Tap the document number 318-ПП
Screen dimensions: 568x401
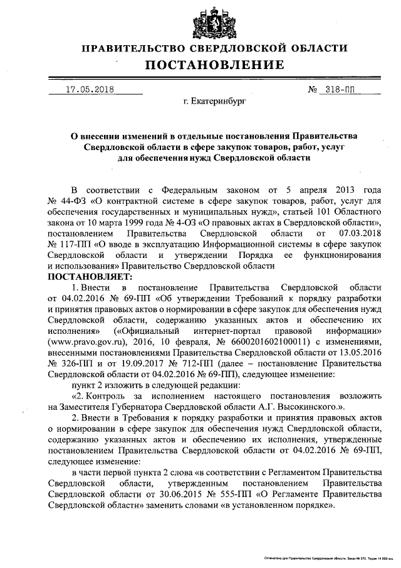click(x=340, y=90)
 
